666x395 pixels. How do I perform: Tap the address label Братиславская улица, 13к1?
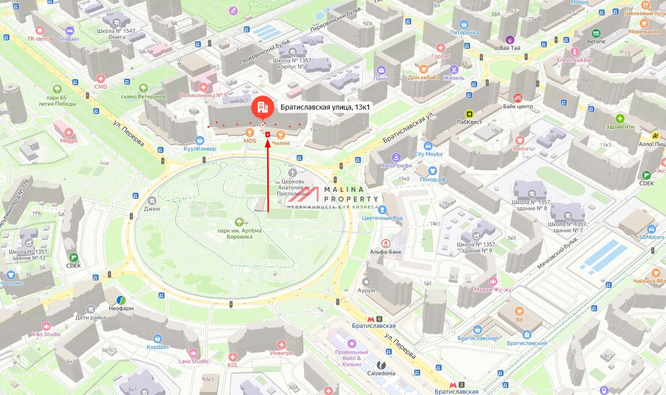(x=325, y=107)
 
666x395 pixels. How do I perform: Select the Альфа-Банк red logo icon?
(x=386, y=244)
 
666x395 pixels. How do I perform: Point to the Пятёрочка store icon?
(x=464, y=24)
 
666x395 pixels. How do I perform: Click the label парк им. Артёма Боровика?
(x=240, y=234)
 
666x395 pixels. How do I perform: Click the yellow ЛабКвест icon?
(x=469, y=114)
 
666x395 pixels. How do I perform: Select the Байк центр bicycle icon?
(x=517, y=98)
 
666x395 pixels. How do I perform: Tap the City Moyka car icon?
(x=428, y=146)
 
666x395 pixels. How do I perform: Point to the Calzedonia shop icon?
(x=381, y=365)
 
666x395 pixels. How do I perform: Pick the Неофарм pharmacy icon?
(x=121, y=300)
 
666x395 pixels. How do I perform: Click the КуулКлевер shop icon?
(x=200, y=140)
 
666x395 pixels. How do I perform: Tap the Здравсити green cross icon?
(x=620, y=119)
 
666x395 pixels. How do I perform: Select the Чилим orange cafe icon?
(x=281, y=134)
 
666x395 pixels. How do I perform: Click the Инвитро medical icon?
(x=281, y=344)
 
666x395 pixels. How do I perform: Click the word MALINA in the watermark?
(x=344, y=190)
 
